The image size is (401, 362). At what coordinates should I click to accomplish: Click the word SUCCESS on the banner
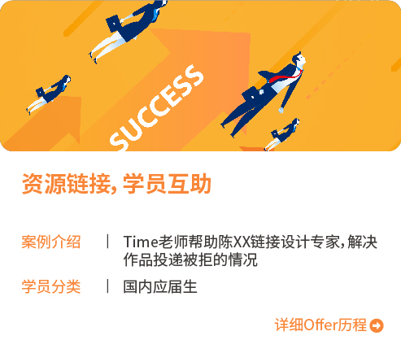coord(156,108)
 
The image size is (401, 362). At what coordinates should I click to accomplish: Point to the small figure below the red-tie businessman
coord(283,133)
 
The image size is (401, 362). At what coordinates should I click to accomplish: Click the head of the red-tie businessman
coord(299,59)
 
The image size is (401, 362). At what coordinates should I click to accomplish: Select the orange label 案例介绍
coord(51,242)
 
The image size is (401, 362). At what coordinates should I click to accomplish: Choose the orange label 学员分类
coord(51,286)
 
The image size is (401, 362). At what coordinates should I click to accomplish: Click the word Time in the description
coord(140,242)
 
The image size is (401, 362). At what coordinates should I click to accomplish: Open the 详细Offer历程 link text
coord(320,325)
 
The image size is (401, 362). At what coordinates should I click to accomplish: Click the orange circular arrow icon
coord(376,326)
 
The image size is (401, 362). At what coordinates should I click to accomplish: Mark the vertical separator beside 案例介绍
coord(107,242)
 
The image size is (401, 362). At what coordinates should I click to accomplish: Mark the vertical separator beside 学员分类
coord(107,286)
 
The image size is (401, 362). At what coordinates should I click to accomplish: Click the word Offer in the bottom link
coord(320,325)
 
